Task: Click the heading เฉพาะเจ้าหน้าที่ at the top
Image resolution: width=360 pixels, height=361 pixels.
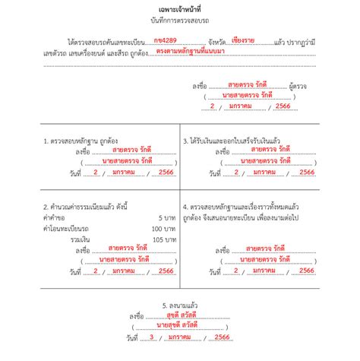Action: (x=179, y=6)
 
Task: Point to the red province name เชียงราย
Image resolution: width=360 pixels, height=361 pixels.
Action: (x=244, y=37)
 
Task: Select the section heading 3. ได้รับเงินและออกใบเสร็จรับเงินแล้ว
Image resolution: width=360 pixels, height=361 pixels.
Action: (x=242, y=141)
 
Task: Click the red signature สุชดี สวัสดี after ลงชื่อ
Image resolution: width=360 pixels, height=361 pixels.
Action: (x=181, y=314)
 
